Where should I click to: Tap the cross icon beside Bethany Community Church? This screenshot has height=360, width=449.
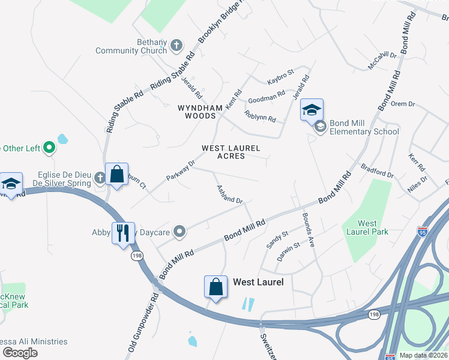point(176,45)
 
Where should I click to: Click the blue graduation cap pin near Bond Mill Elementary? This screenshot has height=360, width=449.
point(312,110)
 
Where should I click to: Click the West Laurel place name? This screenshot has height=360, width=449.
point(258,281)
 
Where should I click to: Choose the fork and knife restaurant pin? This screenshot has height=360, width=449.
point(123,232)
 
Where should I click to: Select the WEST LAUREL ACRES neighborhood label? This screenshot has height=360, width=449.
point(231,152)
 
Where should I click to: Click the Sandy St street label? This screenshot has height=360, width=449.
point(277,239)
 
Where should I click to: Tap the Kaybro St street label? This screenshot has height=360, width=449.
point(280,77)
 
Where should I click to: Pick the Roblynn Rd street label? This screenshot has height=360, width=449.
point(260,115)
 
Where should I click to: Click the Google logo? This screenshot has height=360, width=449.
point(20,352)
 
